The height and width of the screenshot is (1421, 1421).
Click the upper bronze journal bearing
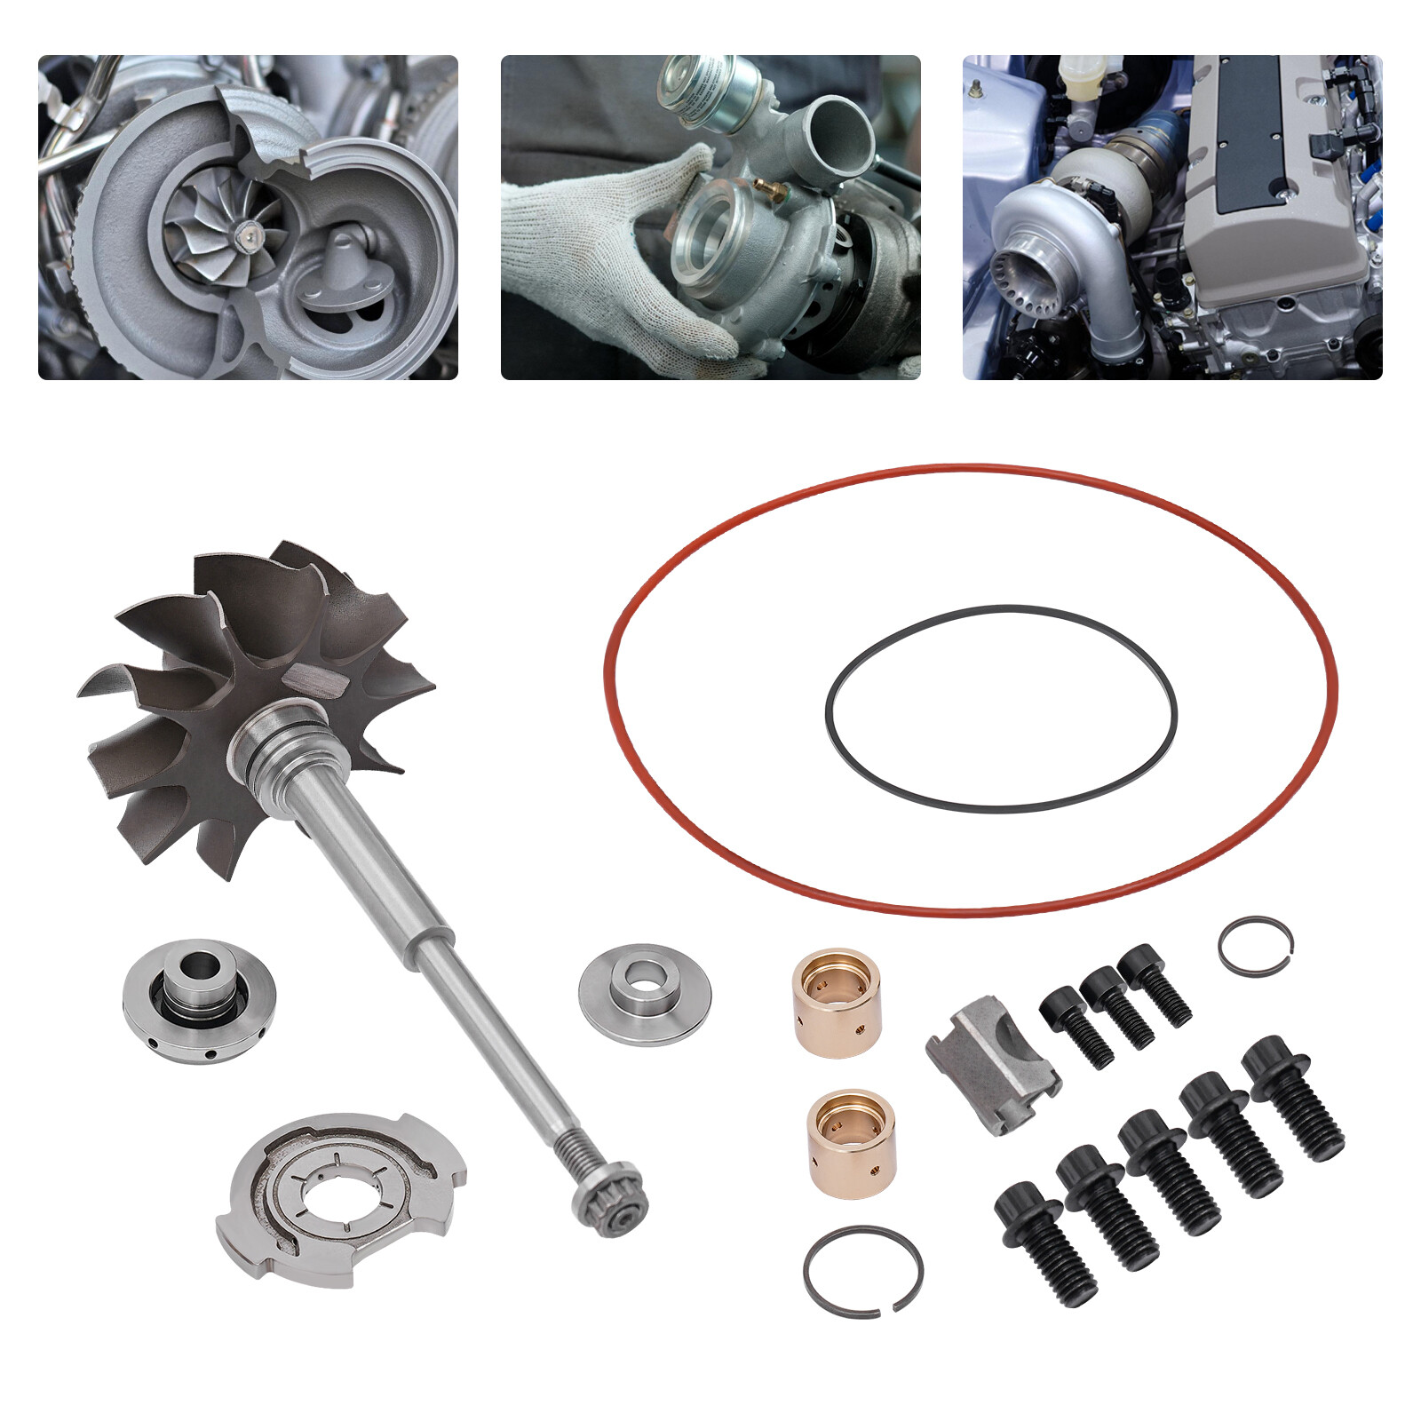pos(836,1004)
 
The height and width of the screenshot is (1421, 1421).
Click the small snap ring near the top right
pos(1256,943)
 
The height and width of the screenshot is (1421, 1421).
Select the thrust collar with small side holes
pos(199,1001)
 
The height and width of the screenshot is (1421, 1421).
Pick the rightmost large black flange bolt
pos(1292,1097)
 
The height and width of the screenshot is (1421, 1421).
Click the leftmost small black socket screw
pos(1076,1026)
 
